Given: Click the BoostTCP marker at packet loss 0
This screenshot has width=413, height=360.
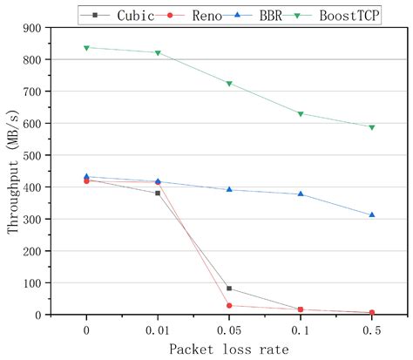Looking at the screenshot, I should tap(86, 48).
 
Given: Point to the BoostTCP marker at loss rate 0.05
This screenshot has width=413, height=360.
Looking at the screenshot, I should tap(229, 84).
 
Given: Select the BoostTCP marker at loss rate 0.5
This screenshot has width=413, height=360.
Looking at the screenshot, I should tap(372, 127).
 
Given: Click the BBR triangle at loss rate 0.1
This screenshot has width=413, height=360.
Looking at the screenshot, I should tap(301, 194).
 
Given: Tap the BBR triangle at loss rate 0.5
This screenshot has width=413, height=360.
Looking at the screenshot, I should tap(372, 214).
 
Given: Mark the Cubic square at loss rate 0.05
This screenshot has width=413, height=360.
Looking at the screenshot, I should tap(229, 289).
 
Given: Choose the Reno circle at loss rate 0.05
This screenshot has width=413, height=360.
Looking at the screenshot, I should tap(229, 306).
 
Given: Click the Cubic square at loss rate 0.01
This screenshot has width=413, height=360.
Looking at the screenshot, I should tap(158, 193).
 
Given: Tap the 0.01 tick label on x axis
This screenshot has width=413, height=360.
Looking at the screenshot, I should tap(158, 329).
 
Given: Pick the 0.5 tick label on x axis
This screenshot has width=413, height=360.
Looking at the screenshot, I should tap(372, 329).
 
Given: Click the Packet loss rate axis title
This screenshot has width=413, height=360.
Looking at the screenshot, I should tap(229, 349).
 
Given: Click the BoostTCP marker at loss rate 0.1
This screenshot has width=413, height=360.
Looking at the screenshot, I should tap(301, 114).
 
